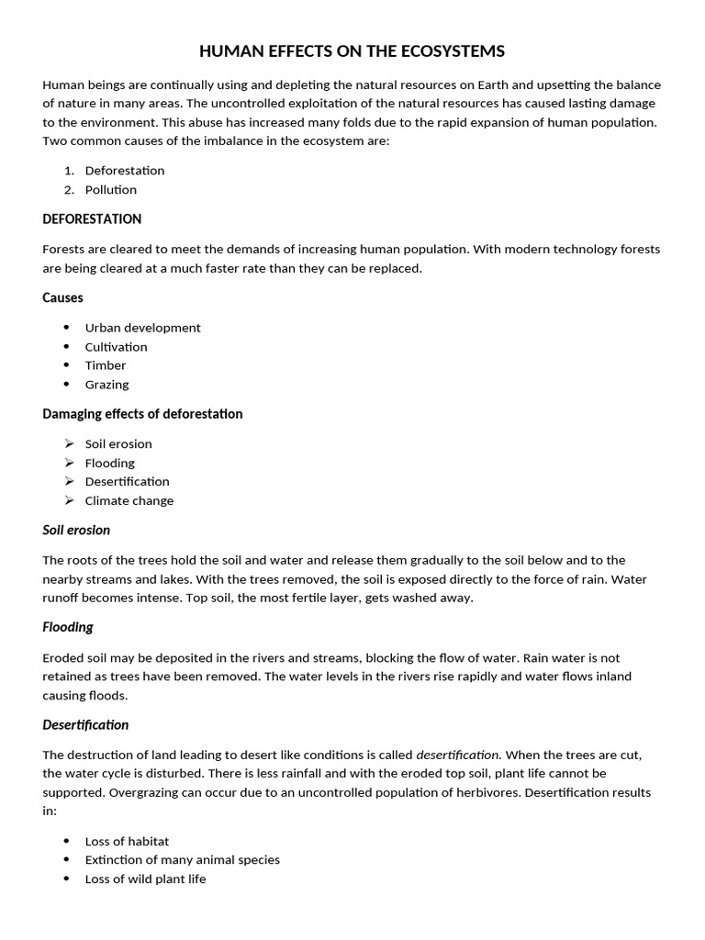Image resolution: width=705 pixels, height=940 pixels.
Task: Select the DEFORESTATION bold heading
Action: (92, 219)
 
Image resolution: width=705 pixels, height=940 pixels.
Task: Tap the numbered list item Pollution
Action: (111, 190)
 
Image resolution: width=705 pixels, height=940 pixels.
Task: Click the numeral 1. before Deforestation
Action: (69, 171)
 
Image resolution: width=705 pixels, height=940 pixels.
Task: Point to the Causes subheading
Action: (62, 297)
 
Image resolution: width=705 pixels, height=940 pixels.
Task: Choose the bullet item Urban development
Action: (142, 328)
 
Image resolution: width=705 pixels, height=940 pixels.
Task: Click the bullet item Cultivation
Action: (116, 347)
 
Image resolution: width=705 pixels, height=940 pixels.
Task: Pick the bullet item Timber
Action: (106, 365)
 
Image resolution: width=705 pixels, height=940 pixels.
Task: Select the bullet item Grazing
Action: (106, 385)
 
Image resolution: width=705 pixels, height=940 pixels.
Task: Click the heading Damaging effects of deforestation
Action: (142, 414)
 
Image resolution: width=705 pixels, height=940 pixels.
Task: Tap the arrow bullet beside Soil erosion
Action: (69, 443)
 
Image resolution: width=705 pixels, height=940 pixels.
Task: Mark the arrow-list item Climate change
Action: (129, 501)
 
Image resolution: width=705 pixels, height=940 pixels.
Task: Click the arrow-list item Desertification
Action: (127, 482)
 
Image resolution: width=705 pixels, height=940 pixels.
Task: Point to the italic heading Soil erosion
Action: (76, 530)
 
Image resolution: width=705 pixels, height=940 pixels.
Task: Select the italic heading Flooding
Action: (68, 628)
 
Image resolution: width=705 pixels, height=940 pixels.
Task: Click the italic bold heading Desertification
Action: (85, 725)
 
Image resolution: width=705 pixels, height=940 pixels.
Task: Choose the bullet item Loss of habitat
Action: (127, 842)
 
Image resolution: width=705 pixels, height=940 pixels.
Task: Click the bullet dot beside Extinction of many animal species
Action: (68, 860)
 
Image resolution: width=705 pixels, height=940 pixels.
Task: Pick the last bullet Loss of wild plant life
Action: (145, 879)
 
